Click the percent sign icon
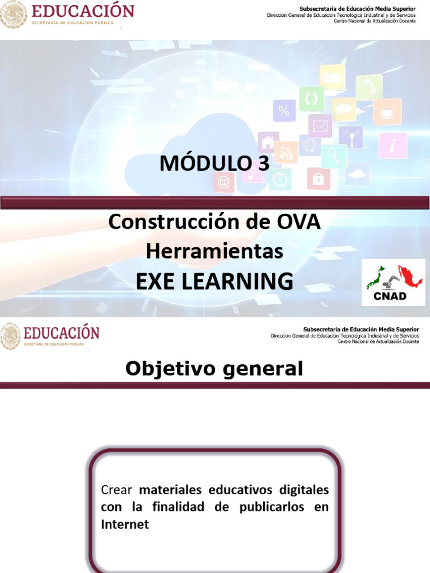tap(284, 111)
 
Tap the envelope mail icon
tap(320, 125)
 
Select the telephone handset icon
tap(369, 87)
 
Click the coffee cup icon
tap(387, 112)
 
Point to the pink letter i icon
tap(392, 145)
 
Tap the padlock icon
tap(318, 179)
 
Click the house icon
tap(269, 142)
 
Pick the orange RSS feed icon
tap(286, 152)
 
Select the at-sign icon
tap(224, 182)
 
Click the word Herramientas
tap(214, 252)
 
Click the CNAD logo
tap(392, 283)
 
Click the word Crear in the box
tap(116, 490)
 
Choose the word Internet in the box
tap(125, 525)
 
